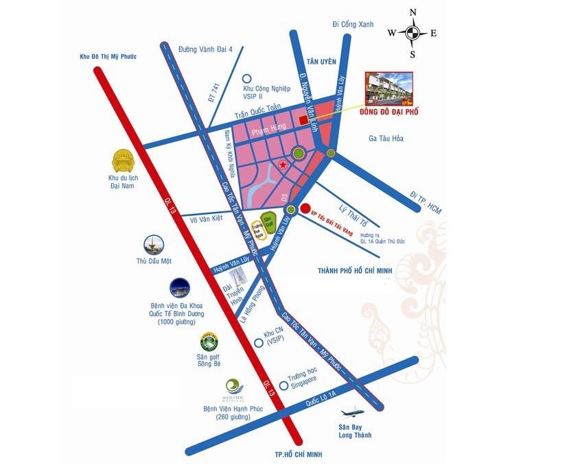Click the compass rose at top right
[x=413, y=32]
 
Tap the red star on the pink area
[x=283, y=164]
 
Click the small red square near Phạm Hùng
[x=303, y=121]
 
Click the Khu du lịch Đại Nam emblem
[x=124, y=162]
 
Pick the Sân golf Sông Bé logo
[x=209, y=342]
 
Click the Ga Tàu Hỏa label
[x=386, y=139]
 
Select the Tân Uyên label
[x=323, y=62]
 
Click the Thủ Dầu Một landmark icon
[x=153, y=246]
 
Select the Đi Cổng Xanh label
[x=352, y=25]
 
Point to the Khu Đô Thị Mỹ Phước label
[x=109, y=56]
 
